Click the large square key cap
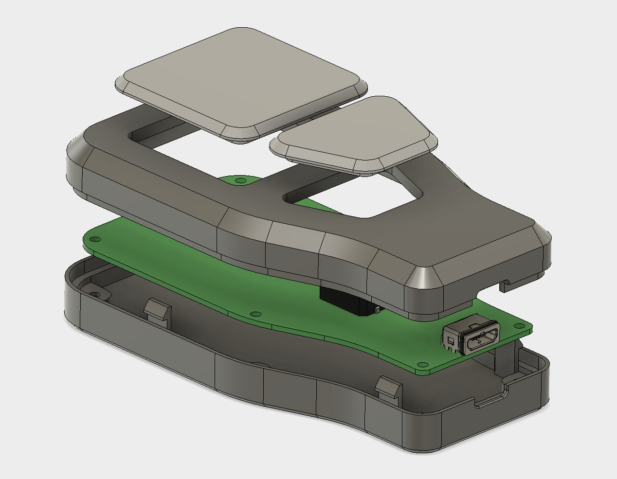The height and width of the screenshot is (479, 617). tap(241, 80)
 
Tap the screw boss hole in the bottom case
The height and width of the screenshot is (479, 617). tap(96, 294)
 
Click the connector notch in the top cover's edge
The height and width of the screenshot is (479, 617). tap(506, 284)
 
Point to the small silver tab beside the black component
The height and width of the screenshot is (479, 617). tap(377, 308)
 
